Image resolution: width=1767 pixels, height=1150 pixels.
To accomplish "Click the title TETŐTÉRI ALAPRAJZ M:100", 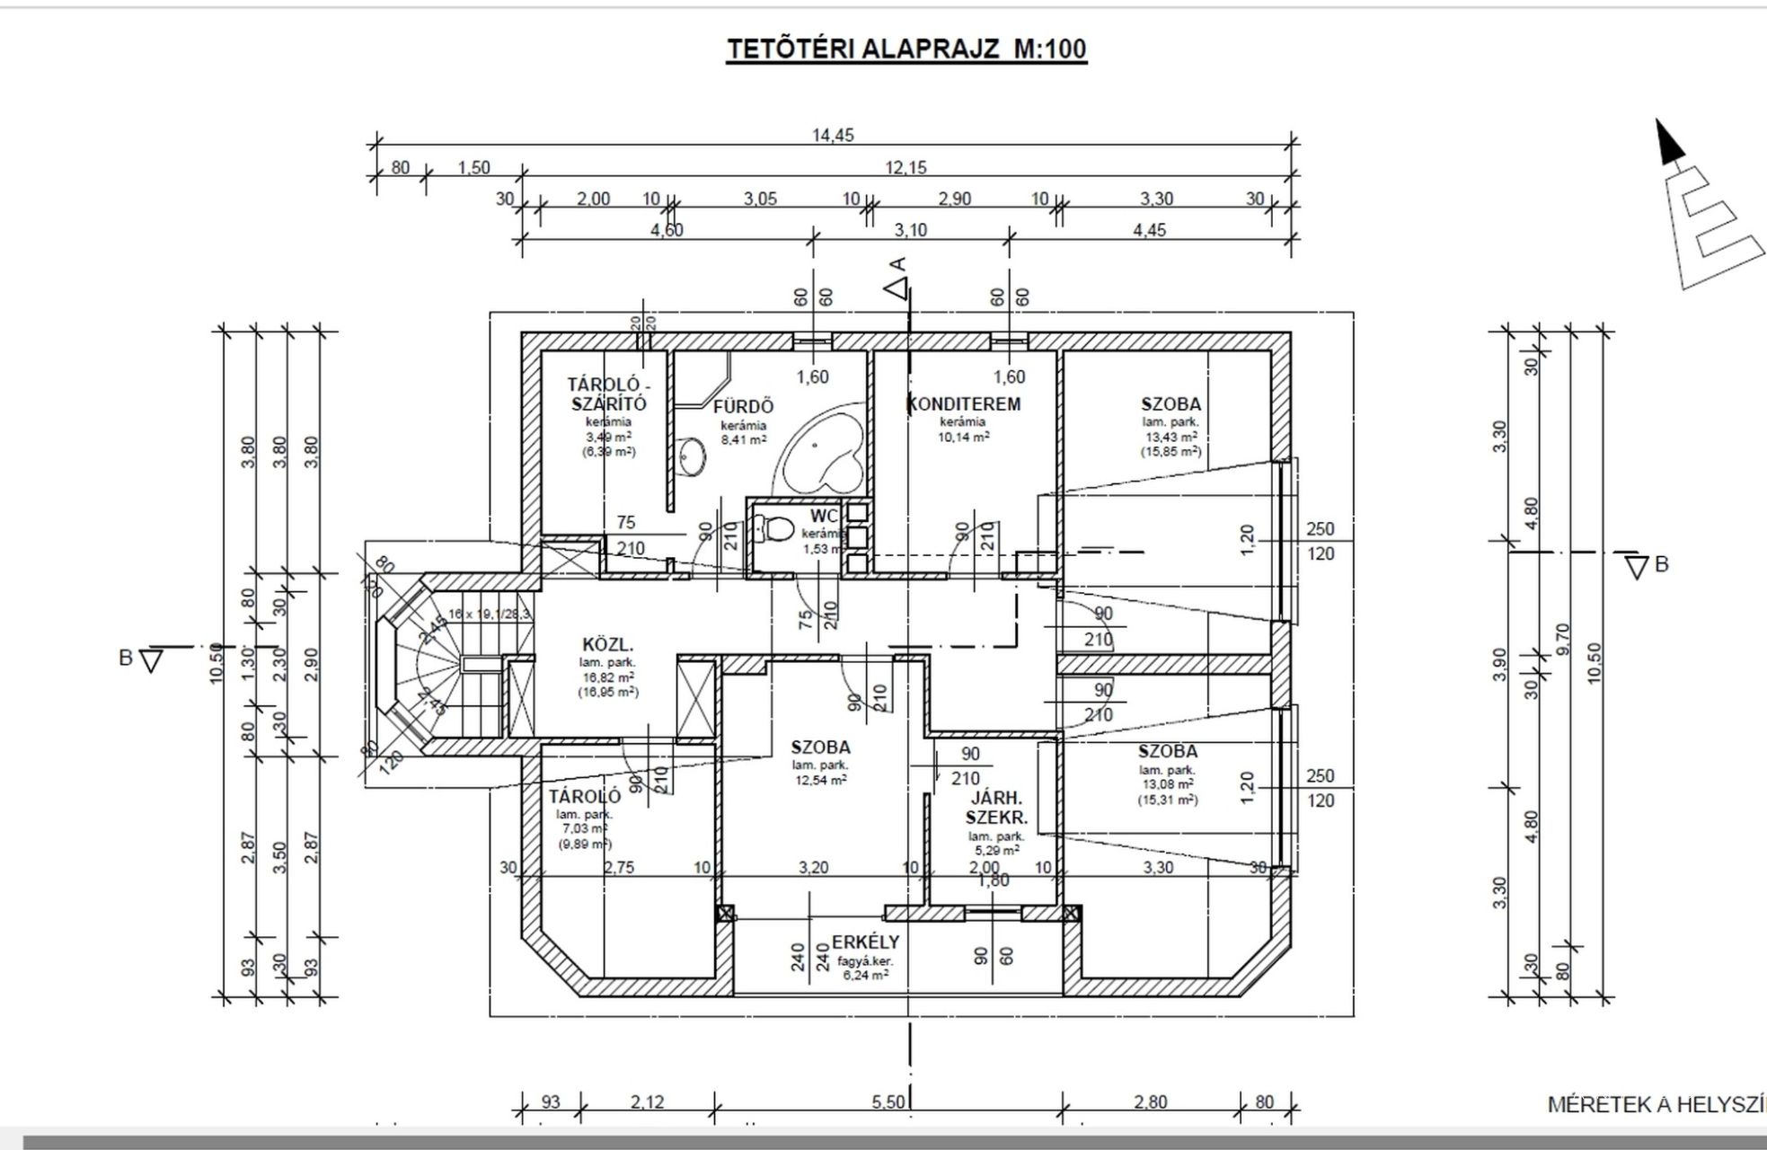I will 906,49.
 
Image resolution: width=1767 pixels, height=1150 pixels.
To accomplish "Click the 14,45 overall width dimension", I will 833,136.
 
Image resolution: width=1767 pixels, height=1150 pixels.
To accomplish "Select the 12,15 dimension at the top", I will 906,167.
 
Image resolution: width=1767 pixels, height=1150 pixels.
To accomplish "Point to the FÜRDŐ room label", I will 743,406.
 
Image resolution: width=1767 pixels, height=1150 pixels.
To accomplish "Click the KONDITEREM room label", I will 965,403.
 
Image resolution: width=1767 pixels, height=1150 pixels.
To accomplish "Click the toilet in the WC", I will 772,527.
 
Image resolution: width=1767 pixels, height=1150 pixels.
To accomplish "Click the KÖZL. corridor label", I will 608,644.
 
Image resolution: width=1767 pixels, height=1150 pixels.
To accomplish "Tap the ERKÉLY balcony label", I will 864,942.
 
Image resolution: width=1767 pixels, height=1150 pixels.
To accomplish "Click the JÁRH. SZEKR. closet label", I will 996,807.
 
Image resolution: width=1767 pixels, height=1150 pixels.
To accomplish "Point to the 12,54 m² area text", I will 819,780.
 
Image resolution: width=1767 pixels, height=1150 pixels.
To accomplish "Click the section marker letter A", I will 897,264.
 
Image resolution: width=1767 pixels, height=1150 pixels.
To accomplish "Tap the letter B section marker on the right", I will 1661,564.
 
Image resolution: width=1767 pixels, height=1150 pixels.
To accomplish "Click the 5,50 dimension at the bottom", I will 888,1101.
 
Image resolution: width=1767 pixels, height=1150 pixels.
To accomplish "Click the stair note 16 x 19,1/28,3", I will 490,614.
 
